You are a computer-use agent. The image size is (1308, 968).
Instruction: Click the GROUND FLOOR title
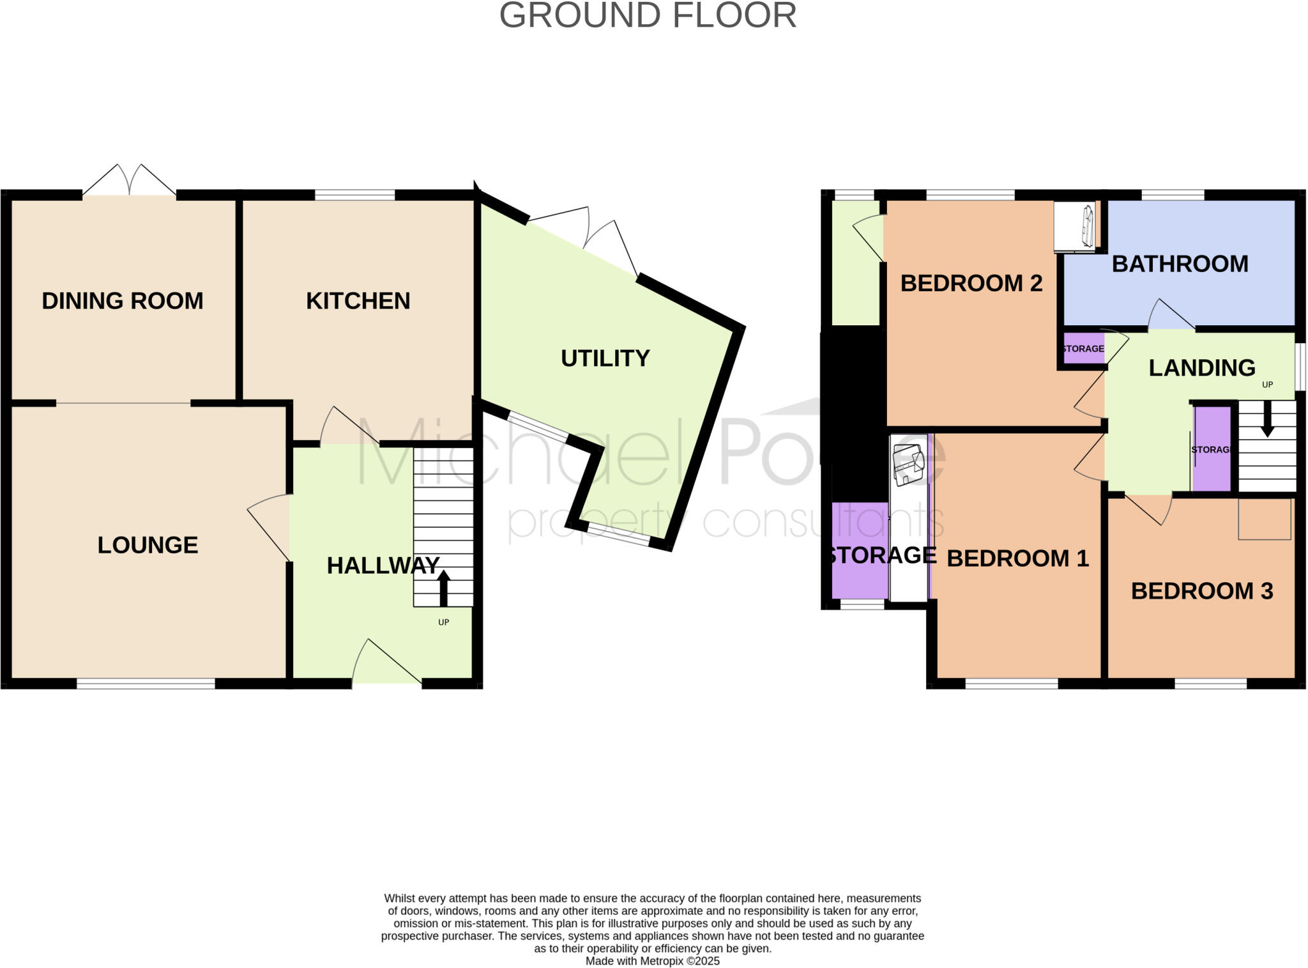(x=648, y=15)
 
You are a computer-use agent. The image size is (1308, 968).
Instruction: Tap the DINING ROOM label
(x=122, y=301)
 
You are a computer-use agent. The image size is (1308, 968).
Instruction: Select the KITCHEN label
(x=358, y=301)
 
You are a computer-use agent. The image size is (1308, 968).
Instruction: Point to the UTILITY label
(x=605, y=358)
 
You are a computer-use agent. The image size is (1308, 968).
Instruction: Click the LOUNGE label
(x=148, y=545)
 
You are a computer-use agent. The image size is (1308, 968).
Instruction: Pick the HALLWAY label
(x=383, y=565)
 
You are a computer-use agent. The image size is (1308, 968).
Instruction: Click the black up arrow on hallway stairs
(x=443, y=588)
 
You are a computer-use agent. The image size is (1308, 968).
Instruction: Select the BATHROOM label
(x=1180, y=264)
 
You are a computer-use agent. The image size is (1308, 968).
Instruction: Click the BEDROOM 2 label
(x=971, y=283)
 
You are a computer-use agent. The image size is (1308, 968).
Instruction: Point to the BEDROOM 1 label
(x=1017, y=558)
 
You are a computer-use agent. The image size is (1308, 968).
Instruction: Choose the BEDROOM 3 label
(x=1201, y=591)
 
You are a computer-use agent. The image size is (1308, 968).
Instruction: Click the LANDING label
(x=1201, y=368)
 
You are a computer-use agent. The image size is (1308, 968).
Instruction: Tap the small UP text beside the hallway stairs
(x=443, y=622)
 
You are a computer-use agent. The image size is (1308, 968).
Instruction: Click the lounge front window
(x=146, y=684)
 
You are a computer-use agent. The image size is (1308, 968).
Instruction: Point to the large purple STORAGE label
(x=881, y=555)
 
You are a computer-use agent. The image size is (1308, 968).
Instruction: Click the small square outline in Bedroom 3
(x=1264, y=519)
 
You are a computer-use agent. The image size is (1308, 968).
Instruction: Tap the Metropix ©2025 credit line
(x=652, y=961)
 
